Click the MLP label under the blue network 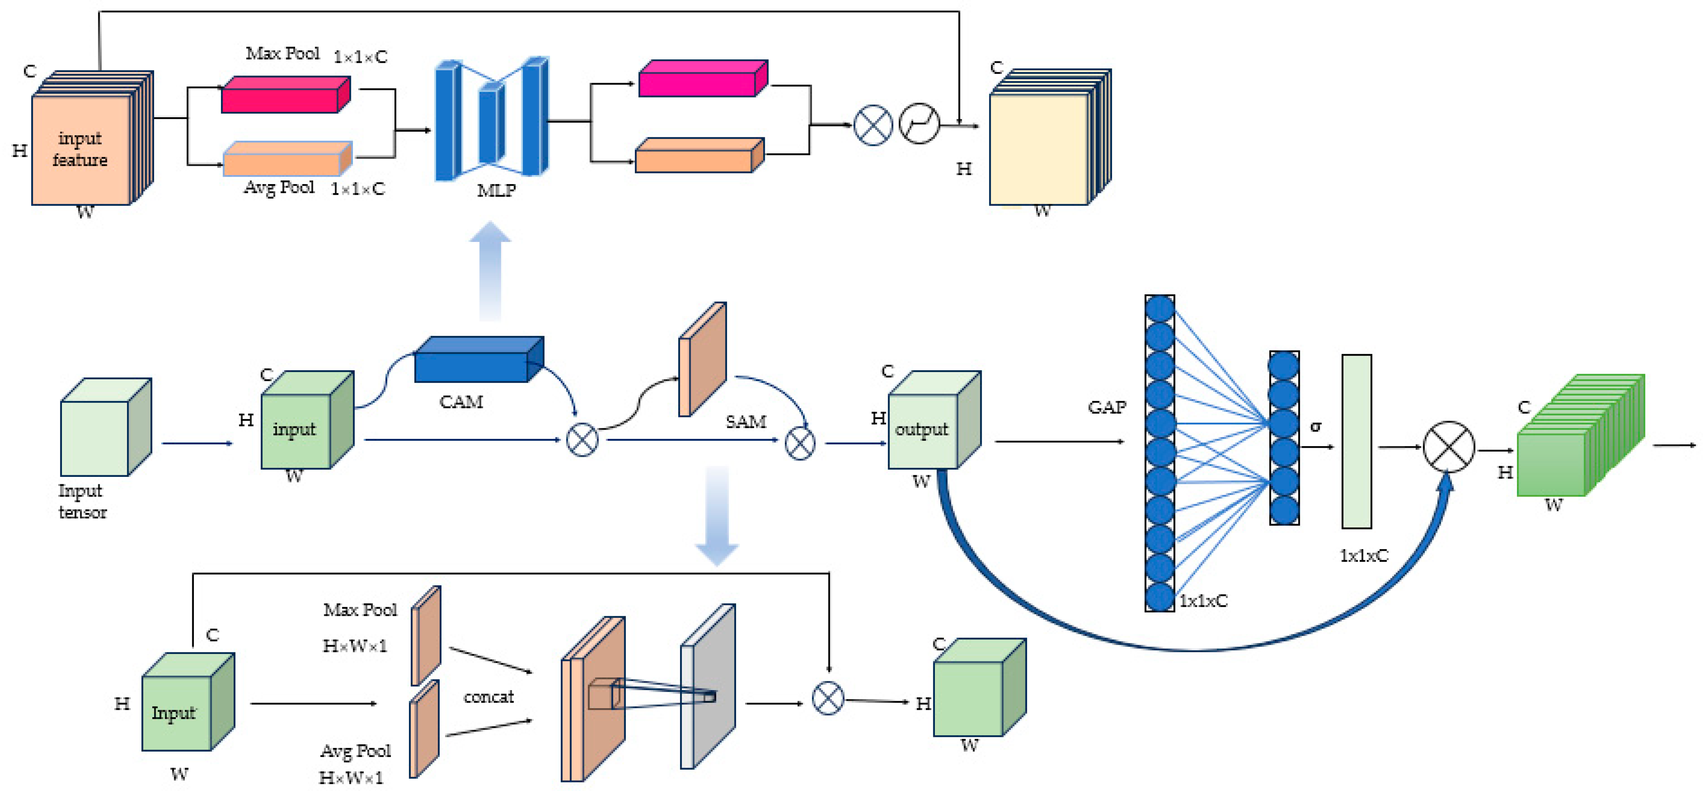(496, 191)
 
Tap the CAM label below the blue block (461, 402)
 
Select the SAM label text (746, 422)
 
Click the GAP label (1107, 408)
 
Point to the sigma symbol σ (1316, 426)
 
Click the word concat (489, 696)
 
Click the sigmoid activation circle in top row (919, 124)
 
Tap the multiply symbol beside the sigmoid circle (873, 125)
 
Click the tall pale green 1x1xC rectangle (1356, 441)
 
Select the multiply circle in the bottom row (828, 698)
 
